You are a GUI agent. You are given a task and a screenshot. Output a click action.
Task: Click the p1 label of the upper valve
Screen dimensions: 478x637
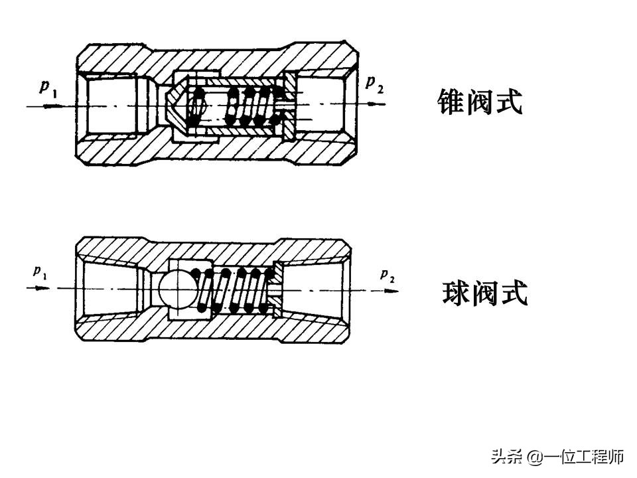coord(48,89)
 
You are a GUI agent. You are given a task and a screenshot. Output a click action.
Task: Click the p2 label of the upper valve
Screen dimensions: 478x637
coord(375,84)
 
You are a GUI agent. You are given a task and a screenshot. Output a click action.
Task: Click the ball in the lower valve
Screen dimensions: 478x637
coord(176,287)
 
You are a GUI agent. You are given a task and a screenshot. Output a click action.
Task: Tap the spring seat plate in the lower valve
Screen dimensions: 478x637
coord(278,289)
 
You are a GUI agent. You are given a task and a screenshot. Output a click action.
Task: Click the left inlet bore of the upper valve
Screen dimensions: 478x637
coord(109,105)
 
